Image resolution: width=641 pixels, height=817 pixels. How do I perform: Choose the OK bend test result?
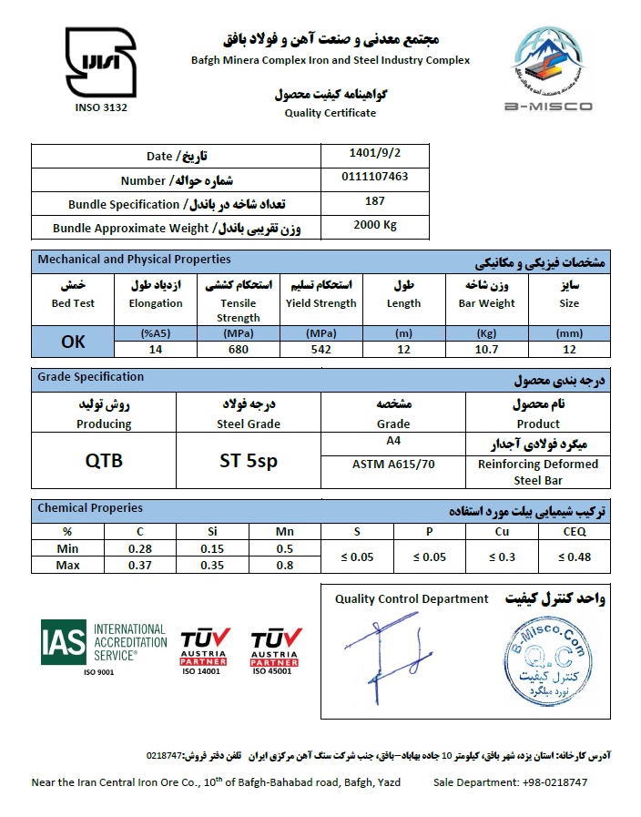73,342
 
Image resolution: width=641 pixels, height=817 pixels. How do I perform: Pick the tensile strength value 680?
238,349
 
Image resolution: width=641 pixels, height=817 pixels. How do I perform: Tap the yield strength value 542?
320,349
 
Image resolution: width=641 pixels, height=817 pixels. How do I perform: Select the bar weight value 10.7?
485,349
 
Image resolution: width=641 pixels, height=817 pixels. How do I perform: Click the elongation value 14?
155,349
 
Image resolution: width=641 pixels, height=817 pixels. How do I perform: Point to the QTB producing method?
104,461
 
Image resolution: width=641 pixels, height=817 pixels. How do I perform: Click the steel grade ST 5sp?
249,461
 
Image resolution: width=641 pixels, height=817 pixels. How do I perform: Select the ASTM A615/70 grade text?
393,464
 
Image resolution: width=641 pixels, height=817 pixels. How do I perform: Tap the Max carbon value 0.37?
139,565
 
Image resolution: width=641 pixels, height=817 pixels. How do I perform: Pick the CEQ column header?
575,531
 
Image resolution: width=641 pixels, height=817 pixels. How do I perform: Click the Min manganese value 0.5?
285,547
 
